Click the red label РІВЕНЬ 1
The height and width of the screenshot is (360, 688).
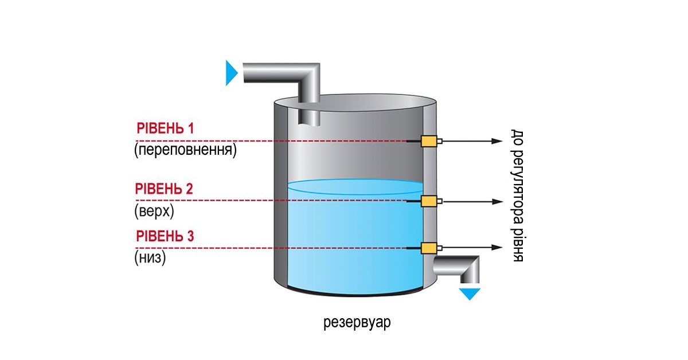tap(165, 128)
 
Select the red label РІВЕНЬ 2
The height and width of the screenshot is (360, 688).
tap(164, 189)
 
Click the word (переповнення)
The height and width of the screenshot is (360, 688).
tap(185, 151)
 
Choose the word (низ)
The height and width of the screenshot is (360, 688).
tap(150, 258)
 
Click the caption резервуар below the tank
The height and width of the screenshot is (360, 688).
tap(357, 322)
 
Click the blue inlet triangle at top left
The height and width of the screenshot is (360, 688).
tap(230, 73)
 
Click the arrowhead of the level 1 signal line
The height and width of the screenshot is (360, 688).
tap(499, 141)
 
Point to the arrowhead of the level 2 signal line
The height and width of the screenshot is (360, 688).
tap(499, 201)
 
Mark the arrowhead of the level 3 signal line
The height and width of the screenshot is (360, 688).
tap(499, 248)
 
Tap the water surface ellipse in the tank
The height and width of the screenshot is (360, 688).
tap(355, 187)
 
